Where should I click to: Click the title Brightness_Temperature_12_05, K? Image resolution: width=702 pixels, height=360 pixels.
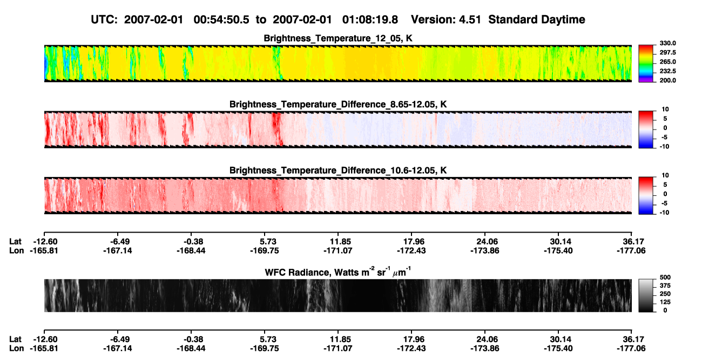(338, 38)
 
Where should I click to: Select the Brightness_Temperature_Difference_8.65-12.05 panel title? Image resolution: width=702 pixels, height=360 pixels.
(338, 104)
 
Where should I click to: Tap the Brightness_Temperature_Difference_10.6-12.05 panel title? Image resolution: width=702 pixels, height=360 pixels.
(338, 171)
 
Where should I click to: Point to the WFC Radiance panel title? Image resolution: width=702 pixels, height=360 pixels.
(338, 271)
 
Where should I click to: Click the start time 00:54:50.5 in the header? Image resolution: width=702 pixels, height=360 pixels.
(221, 20)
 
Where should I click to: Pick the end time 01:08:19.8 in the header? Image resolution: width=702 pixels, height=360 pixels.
(370, 20)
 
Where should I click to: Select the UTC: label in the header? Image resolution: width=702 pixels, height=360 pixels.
(104, 20)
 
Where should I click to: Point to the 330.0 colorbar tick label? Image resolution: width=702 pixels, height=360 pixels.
(667, 43)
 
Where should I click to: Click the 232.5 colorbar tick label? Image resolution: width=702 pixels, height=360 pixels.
(667, 71)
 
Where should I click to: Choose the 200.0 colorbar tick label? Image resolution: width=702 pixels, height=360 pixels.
(667, 80)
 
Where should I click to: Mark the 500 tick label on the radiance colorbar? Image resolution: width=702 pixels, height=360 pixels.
(665, 277)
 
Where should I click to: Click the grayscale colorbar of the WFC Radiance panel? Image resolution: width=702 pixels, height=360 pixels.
(646, 295)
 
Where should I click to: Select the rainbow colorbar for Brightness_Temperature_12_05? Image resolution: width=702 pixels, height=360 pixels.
(646, 64)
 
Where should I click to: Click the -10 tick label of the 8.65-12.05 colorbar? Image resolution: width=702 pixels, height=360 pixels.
(664, 147)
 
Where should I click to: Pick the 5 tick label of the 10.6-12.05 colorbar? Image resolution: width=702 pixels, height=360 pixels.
(665, 185)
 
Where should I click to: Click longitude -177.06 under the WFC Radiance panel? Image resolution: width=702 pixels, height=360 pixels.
(631, 349)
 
